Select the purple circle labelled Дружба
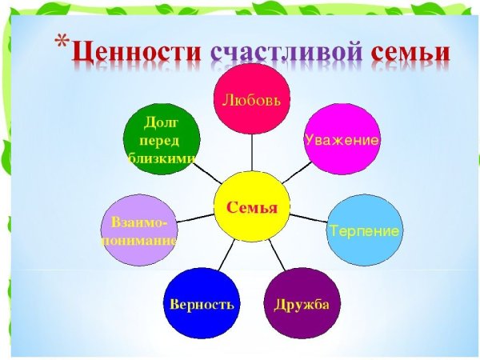click(x=302, y=303)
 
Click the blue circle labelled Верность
click(x=202, y=304)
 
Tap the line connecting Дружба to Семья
click(x=276, y=255)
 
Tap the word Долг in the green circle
click(x=160, y=122)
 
